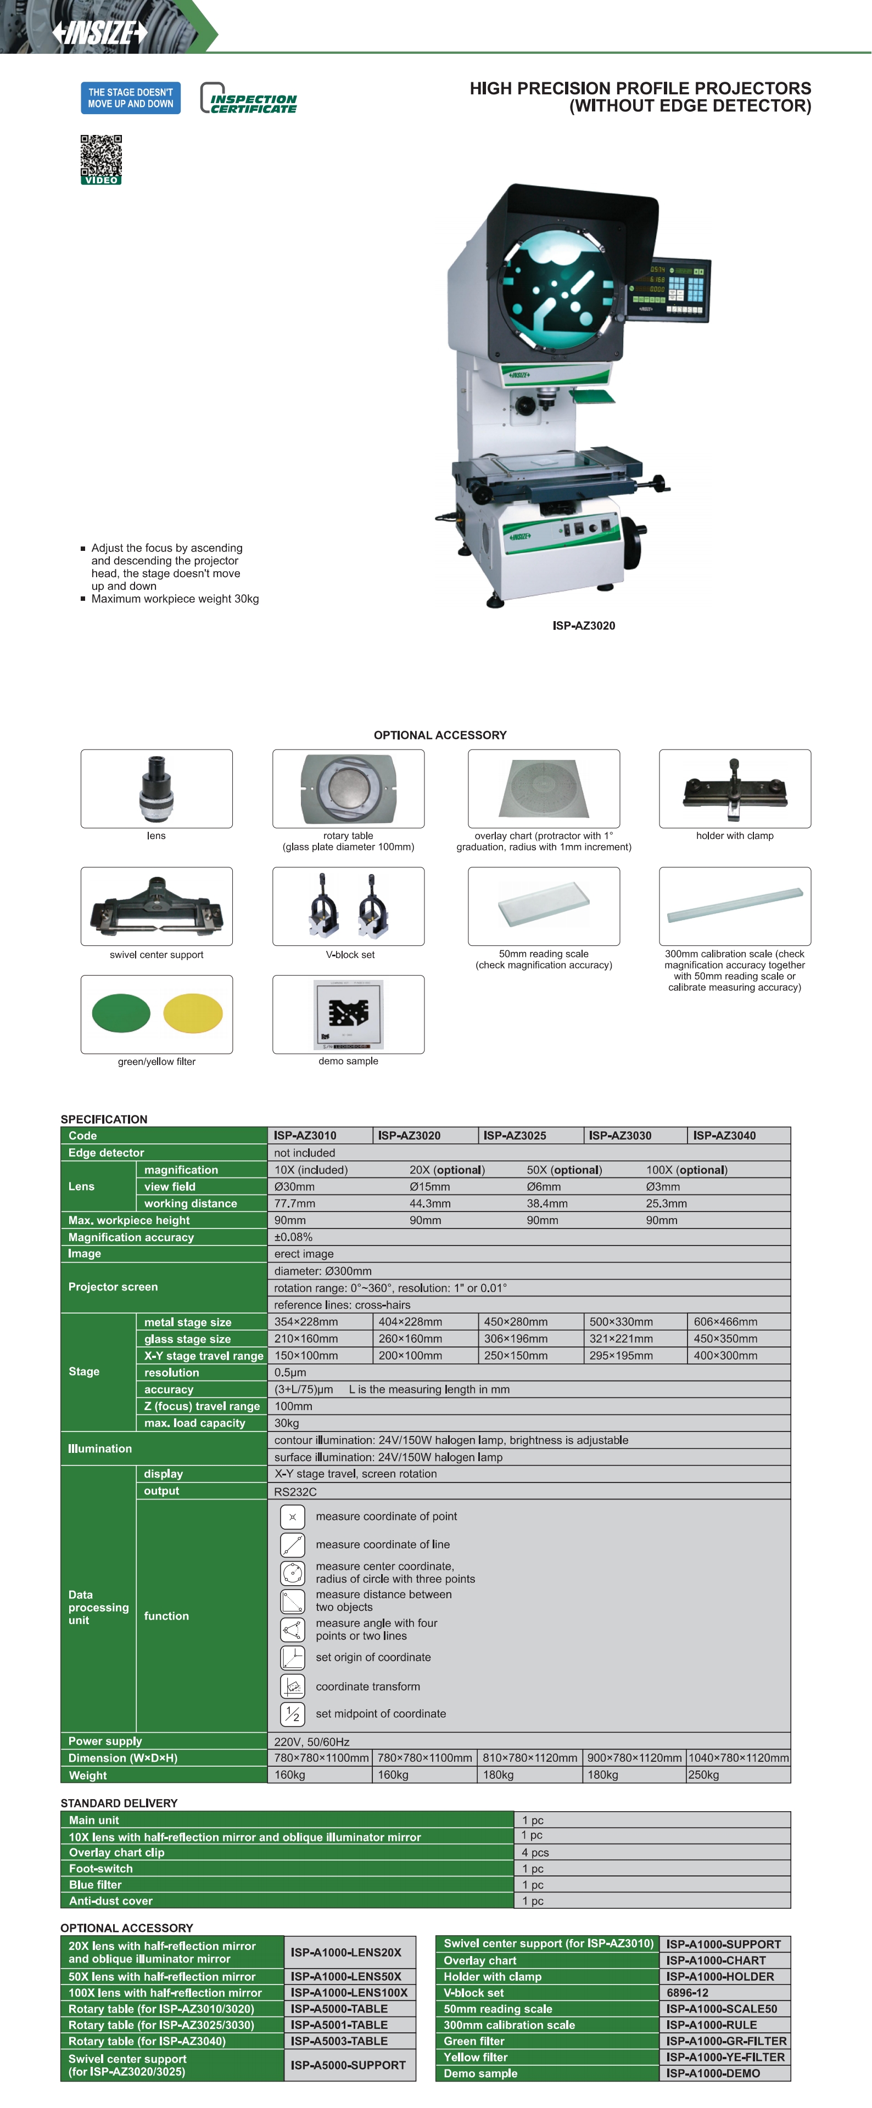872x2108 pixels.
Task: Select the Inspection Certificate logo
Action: point(248,99)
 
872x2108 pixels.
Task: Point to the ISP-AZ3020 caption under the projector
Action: point(583,625)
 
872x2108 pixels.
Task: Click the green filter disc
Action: point(121,1013)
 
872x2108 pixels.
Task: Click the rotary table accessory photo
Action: point(348,788)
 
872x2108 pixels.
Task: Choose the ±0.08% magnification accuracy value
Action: point(293,1237)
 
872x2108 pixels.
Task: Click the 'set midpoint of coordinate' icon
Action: point(292,1714)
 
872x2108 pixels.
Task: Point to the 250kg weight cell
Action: point(703,1775)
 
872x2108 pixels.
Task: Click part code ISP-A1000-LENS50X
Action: point(345,1976)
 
